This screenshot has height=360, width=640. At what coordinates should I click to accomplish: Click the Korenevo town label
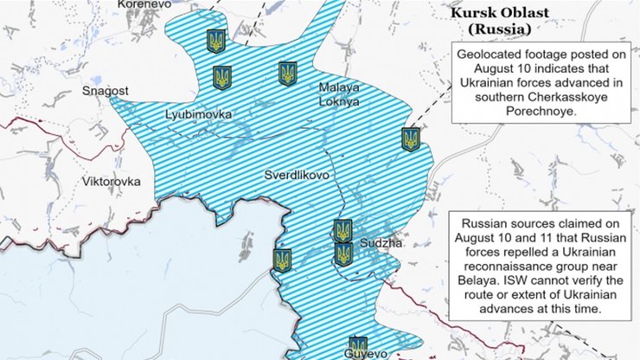coord(144,4)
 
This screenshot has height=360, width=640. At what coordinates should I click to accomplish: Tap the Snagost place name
coord(105,90)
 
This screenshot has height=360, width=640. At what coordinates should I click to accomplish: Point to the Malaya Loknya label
coord(338,94)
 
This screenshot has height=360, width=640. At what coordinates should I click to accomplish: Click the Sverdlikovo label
coord(297,175)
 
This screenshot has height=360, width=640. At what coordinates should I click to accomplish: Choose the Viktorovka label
coord(111,182)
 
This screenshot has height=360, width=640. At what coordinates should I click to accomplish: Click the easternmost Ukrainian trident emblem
coord(410,138)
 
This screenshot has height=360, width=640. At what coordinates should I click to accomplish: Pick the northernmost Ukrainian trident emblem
coord(215,40)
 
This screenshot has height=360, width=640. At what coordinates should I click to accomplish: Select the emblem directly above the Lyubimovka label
coord(223,78)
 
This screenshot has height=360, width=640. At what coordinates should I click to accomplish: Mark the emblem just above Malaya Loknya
coord(288,74)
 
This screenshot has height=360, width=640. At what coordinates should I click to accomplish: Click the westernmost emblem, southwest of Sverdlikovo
coord(281,260)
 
